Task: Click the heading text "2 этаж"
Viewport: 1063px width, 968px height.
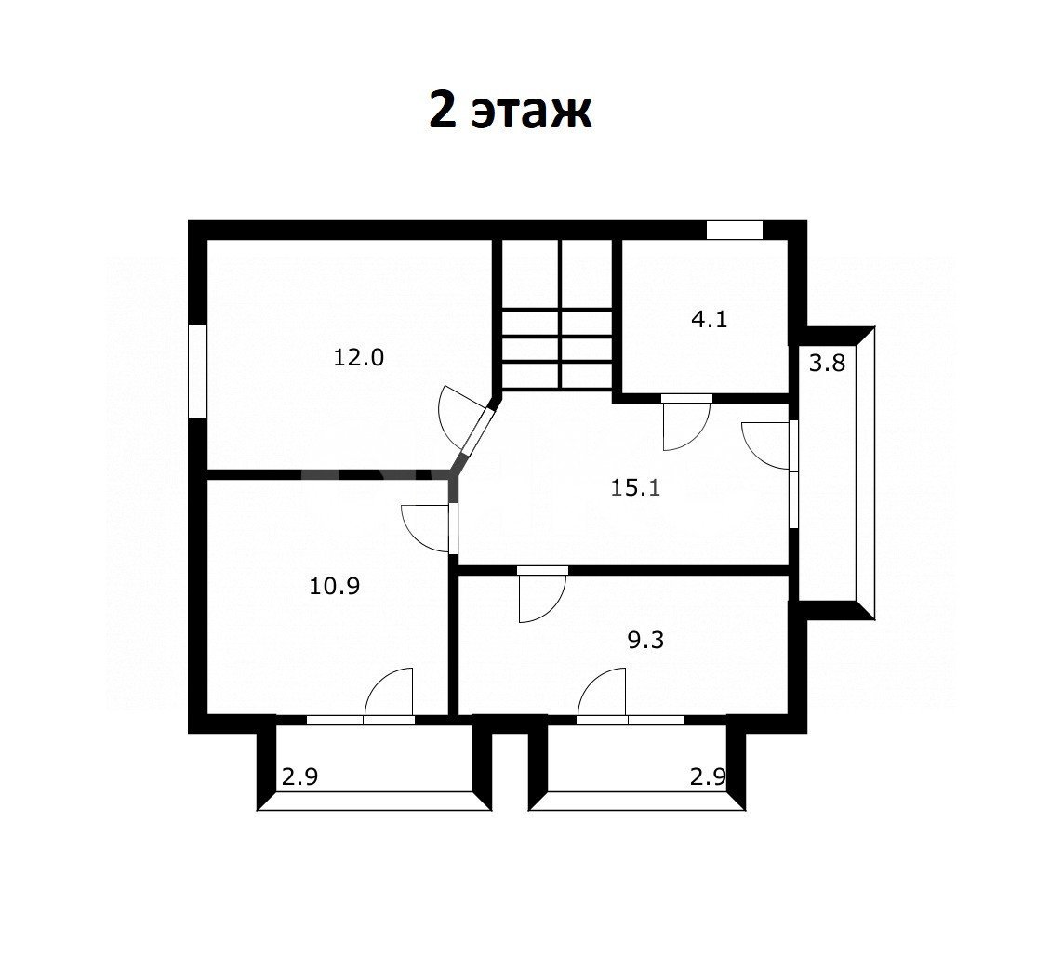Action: click(511, 112)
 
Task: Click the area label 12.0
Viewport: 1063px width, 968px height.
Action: click(359, 357)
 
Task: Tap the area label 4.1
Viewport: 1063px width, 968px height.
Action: click(709, 319)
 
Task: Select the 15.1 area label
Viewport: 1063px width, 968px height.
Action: click(635, 487)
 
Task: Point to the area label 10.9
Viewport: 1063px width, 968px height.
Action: click(334, 586)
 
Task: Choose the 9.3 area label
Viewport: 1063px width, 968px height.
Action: click(645, 639)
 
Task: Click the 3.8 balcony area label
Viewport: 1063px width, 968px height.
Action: click(827, 364)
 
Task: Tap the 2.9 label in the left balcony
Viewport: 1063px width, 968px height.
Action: click(299, 776)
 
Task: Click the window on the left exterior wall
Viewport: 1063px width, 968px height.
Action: click(197, 371)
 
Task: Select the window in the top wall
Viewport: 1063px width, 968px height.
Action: click(735, 230)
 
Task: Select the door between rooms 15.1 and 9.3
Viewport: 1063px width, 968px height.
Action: click(541, 594)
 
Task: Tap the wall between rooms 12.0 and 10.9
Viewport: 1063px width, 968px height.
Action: click(329, 474)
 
